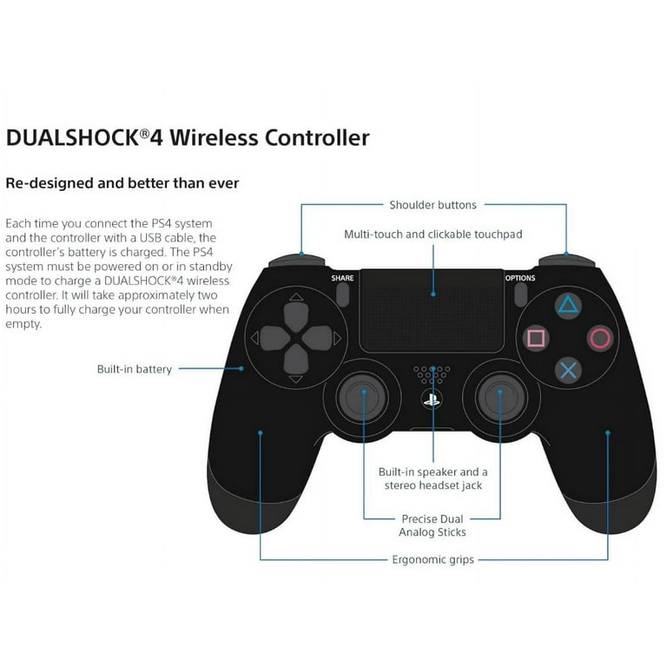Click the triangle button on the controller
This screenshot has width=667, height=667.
point(568,306)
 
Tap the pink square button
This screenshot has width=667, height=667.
point(536,339)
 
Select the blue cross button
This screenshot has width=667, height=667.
point(568,371)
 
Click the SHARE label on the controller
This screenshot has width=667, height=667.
point(342,278)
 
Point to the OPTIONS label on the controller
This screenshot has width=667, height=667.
point(520,278)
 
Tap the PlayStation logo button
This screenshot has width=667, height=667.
point(432,400)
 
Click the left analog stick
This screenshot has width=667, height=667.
point(362,398)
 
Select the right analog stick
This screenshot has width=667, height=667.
point(500,398)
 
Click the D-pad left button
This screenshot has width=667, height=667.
point(274,338)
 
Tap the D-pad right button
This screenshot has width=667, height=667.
point(317,338)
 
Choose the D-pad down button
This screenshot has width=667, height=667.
point(295,359)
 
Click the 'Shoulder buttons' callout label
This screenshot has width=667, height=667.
point(433,205)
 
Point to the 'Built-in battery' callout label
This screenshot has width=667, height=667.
point(135,369)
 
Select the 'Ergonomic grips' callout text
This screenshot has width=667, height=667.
point(433,559)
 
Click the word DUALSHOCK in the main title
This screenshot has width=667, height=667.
point(73,138)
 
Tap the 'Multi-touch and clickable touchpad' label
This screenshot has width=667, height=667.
point(433,234)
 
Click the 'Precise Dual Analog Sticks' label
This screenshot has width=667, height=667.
point(433,525)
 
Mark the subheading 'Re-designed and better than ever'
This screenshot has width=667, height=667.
point(122,183)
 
